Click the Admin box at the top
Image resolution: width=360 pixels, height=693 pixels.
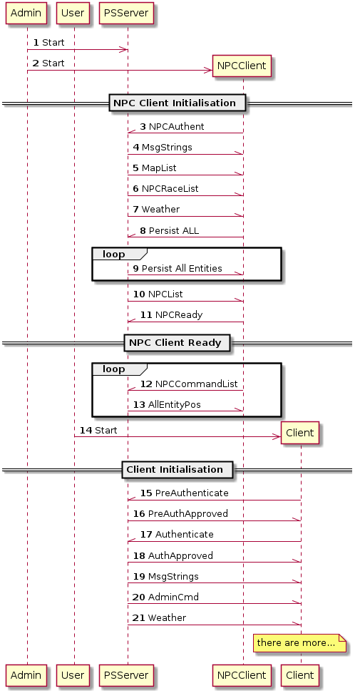tap(26, 13)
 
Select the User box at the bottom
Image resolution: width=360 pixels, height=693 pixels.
tap(73, 675)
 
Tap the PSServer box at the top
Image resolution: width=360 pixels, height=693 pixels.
tap(126, 13)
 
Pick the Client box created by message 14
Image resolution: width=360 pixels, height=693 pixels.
tap(300, 433)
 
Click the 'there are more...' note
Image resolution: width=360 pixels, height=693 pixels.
tap(299, 643)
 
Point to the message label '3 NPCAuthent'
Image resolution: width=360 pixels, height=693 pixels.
tap(173, 127)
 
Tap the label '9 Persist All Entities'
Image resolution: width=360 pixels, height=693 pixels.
tap(177, 268)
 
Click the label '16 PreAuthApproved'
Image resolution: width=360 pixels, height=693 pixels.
tap(180, 513)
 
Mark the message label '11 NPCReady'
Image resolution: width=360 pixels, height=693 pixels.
tap(171, 315)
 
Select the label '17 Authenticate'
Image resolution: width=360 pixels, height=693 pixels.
tap(177, 534)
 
